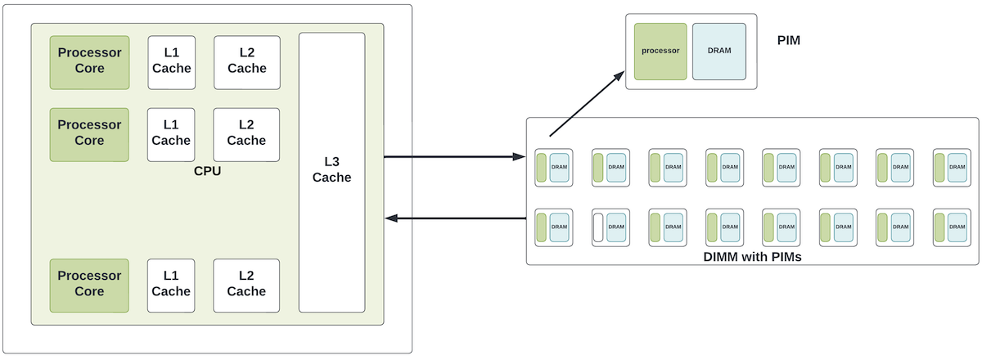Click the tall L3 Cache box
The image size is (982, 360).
(x=332, y=173)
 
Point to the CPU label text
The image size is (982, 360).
(x=207, y=171)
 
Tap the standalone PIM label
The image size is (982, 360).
(x=789, y=40)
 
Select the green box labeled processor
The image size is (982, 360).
(x=660, y=52)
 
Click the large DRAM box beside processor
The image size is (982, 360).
(x=719, y=52)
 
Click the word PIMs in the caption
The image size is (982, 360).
(x=786, y=257)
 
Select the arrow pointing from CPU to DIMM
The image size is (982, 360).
(x=455, y=156)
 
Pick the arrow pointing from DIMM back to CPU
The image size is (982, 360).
(x=456, y=218)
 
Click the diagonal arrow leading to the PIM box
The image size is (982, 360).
(x=587, y=104)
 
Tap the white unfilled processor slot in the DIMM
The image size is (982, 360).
(x=598, y=227)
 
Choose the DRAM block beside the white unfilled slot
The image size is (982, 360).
(x=616, y=227)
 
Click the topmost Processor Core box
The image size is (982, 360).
(x=89, y=63)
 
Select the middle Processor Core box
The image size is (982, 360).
(x=89, y=135)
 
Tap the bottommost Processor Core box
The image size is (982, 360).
(x=89, y=286)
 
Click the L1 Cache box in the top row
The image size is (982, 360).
(x=171, y=63)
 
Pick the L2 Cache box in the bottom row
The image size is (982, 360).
(x=246, y=286)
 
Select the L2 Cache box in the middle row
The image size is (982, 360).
(x=246, y=135)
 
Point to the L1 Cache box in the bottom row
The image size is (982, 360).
(x=171, y=286)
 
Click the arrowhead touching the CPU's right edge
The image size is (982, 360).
(x=391, y=218)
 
